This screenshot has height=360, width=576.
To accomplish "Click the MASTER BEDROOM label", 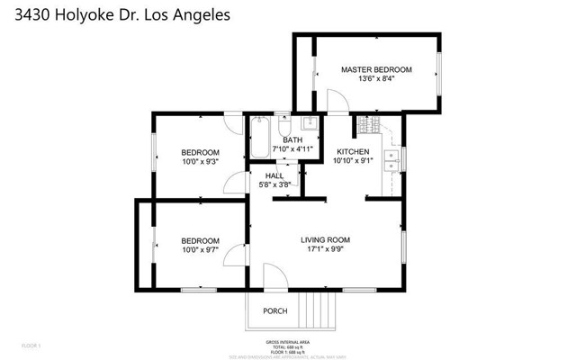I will coord(375,69).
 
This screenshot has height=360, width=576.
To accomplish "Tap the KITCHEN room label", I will coord(354,151).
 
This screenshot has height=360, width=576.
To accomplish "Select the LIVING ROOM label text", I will coord(325,239).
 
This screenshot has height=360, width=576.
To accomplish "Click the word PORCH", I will coord(275,311).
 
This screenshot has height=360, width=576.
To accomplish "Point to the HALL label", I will coord(274,175).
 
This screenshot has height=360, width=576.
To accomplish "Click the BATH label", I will coord(292,139).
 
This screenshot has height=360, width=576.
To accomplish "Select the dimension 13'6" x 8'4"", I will coord(375,79).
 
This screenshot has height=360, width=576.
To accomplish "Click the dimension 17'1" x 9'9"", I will coord(325,249).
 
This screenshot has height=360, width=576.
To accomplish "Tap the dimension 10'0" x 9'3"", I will coord(200,162).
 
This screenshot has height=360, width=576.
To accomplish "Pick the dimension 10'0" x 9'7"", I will coord(200,251).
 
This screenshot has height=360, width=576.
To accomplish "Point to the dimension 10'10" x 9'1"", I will coord(354,161).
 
